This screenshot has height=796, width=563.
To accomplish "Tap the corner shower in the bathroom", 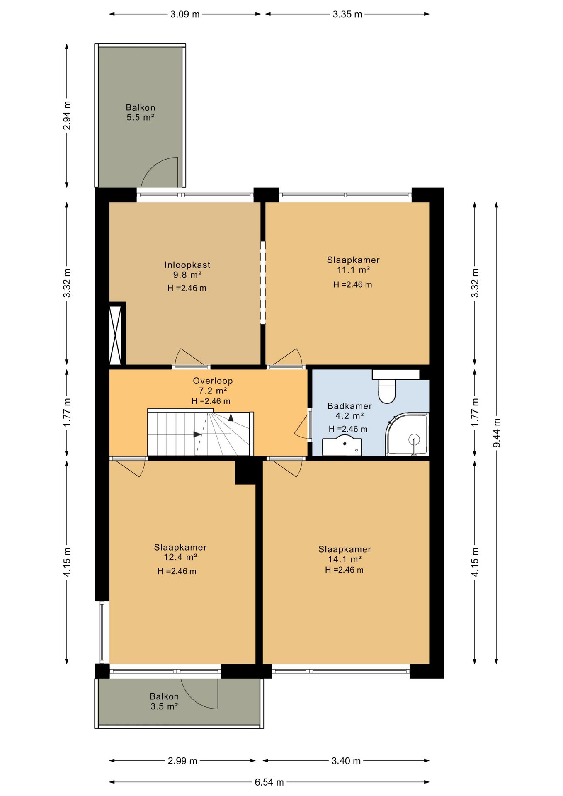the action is (x=407, y=434).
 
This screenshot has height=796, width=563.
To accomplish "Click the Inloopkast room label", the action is (x=187, y=265).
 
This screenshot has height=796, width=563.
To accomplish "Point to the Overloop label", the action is (x=213, y=381).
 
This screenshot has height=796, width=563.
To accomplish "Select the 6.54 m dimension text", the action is (x=269, y=782).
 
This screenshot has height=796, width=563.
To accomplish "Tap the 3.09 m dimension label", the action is (x=185, y=15).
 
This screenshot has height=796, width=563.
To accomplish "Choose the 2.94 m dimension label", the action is (x=67, y=115).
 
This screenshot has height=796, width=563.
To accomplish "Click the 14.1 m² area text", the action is (x=345, y=559).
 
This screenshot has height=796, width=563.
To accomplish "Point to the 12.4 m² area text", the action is (x=180, y=557).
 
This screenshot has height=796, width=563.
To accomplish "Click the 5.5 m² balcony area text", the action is (x=141, y=117).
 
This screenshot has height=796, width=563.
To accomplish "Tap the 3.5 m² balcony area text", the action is (x=165, y=706).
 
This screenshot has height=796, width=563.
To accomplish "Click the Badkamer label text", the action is (x=349, y=406).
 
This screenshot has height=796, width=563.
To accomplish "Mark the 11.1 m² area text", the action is (x=354, y=270).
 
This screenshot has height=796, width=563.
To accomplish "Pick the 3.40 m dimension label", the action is (x=346, y=761).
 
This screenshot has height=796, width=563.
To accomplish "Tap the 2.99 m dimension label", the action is (x=182, y=761).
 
